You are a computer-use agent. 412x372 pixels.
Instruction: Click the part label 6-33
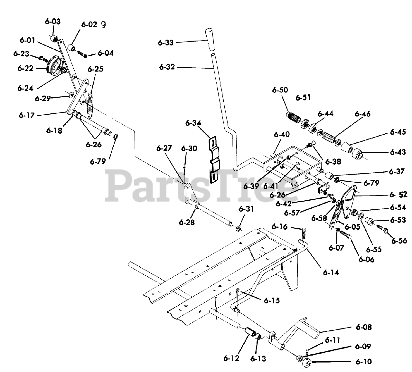[166, 43]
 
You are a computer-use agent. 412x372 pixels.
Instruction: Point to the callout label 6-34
[193, 123]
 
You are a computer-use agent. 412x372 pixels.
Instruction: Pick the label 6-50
[280, 91]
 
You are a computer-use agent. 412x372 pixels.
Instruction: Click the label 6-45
[398, 132]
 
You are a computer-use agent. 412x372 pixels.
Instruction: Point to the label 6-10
[363, 362]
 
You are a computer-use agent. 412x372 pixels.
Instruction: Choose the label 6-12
[231, 358]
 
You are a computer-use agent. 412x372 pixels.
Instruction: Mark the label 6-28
[187, 222]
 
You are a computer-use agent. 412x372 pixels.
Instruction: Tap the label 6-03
[52, 22]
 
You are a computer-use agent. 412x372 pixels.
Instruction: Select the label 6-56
[399, 241]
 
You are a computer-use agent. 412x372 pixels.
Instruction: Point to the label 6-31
[246, 209]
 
